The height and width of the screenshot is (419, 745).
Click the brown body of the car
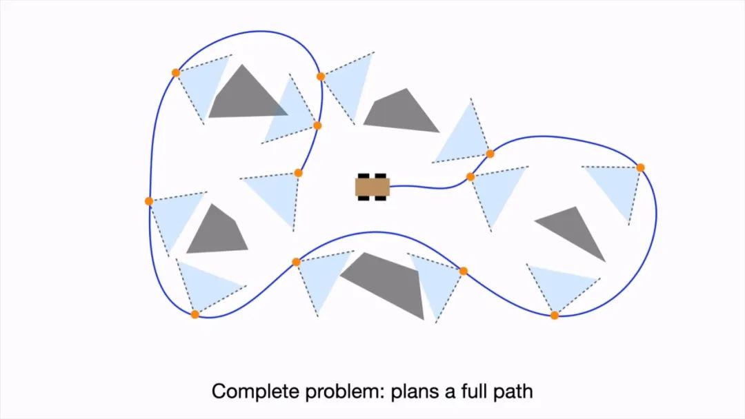372,187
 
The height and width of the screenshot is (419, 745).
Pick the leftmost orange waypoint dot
149,201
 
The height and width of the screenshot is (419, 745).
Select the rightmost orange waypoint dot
640,167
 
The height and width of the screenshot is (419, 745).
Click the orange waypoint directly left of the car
298,173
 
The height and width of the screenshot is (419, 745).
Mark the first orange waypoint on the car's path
470,177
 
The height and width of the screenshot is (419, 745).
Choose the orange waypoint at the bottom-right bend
555,316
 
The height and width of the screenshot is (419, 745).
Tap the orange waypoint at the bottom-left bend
195,314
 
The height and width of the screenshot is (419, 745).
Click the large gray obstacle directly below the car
386,283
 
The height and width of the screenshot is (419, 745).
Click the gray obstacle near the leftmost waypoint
217,231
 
